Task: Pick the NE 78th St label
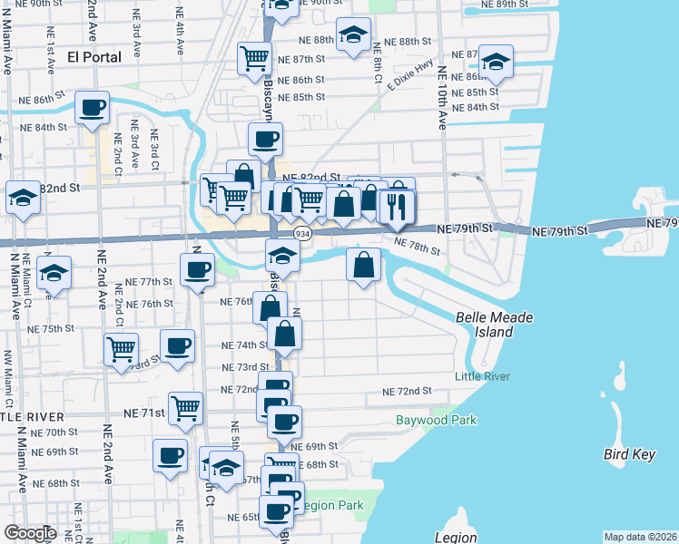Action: point(418,246)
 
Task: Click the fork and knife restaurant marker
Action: point(398,208)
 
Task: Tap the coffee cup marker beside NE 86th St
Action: point(93,108)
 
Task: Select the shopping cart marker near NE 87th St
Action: point(255,59)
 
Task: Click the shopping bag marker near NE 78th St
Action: point(363,266)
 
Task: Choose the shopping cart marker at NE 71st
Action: point(185,408)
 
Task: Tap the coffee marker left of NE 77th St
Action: point(196,269)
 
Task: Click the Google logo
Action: point(31,533)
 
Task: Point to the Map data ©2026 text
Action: point(641,537)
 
